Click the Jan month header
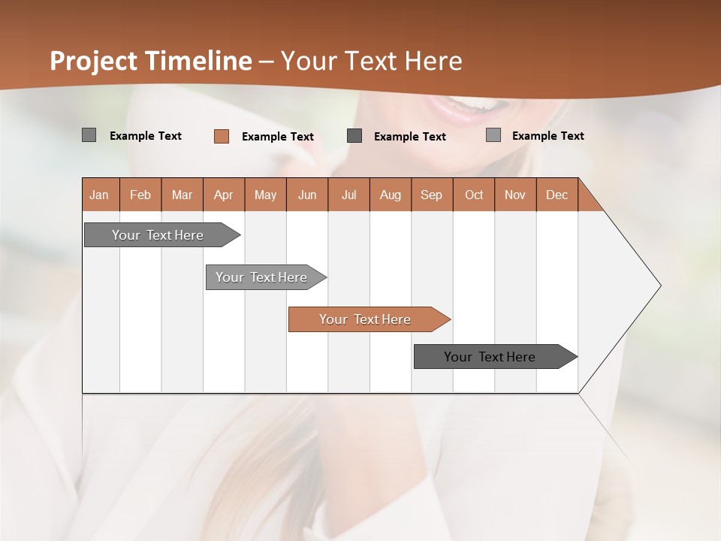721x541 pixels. point(99,195)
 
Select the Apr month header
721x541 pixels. point(223,195)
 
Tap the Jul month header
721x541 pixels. point(348,195)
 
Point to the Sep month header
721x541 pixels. point(431,195)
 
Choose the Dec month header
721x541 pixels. point(557,195)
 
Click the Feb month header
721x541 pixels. point(140,195)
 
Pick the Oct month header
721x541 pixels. point(474,195)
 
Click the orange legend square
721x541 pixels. point(222,136)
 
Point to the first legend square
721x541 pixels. point(89,135)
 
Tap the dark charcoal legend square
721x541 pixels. point(354,136)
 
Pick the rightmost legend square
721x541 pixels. point(493,135)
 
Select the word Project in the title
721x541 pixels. point(93,61)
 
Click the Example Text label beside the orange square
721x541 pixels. point(277,137)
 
